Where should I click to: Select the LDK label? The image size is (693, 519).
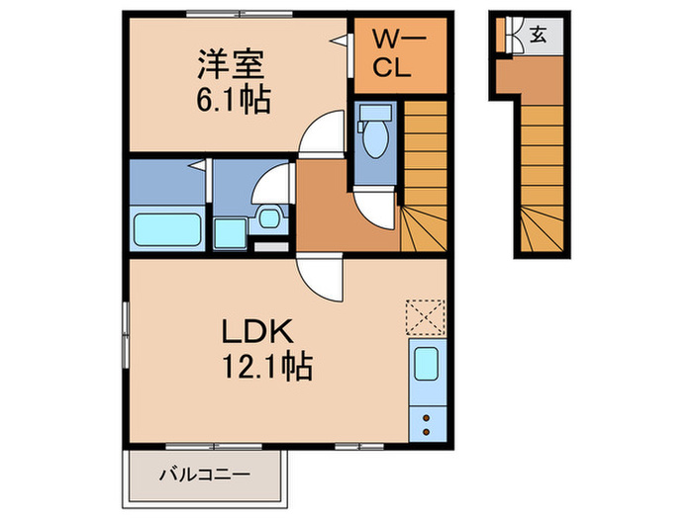point(262,331)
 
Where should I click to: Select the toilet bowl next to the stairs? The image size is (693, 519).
point(375,142)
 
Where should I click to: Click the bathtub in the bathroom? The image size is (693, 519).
point(167,227)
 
